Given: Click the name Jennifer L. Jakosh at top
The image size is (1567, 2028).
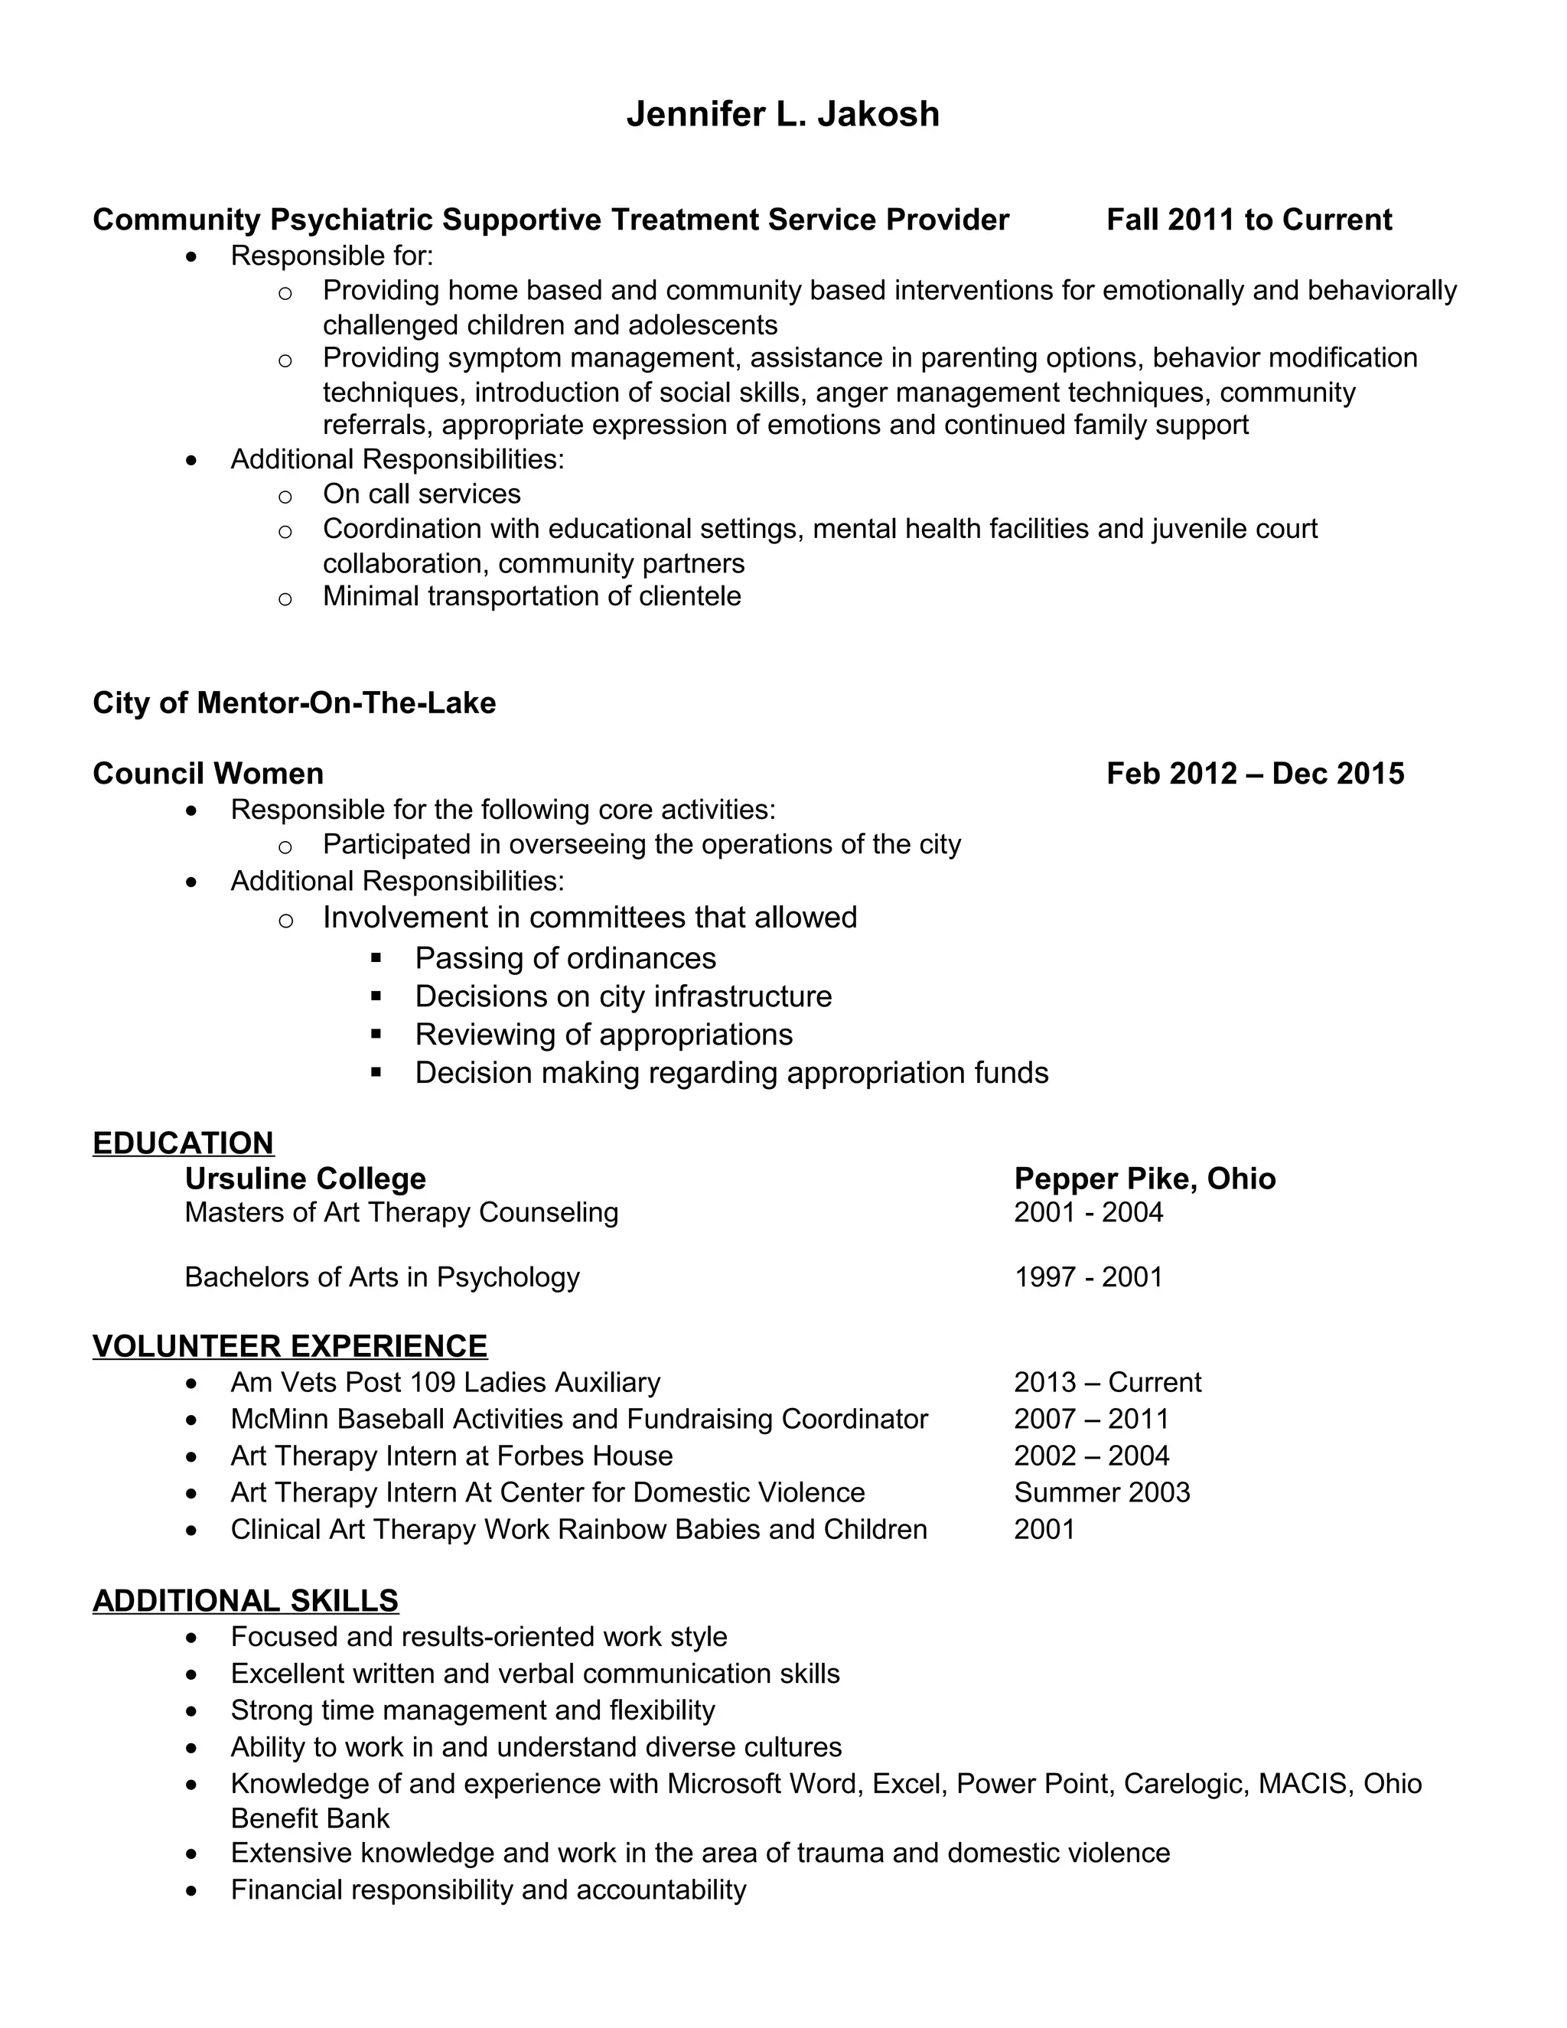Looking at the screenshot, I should pyautogui.click(x=783, y=114).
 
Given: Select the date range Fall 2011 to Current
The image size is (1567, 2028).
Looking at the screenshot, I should pyautogui.click(x=1249, y=220).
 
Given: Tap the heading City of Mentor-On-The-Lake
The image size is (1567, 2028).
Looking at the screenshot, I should pyautogui.click(x=295, y=703).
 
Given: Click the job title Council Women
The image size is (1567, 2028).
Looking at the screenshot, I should pyautogui.click(x=208, y=774).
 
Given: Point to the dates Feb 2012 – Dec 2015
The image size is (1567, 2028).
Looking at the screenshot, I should pyautogui.click(x=1255, y=774).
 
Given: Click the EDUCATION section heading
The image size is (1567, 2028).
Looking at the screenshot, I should pyautogui.click(x=183, y=1143).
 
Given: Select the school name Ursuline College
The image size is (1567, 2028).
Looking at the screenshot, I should pyautogui.click(x=305, y=1179).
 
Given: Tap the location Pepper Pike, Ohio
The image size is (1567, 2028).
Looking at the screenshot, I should pyautogui.click(x=1145, y=1179).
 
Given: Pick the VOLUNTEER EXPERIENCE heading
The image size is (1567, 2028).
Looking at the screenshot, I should pyautogui.click(x=290, y=1345).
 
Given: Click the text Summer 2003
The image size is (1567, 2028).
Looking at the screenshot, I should pyautogui.click(x=1102, y=1492).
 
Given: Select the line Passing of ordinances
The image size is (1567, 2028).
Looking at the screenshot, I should pyautogui.click(x=565, y=958).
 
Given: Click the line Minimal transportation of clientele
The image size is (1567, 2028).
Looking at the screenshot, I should pyautogui.click(x=532, y=596).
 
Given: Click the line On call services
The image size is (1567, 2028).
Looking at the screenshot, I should pyautogui.click(x=422, y=494).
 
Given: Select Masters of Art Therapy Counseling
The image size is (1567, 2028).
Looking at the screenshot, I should pyautogui.click(x=401, y=1213).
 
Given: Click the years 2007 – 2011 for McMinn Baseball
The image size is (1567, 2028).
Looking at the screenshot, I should pyautogui.click(x=1091, y=1419).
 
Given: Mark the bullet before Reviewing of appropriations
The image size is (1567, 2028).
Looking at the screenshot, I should pyautogui.click(x=376, y=1032).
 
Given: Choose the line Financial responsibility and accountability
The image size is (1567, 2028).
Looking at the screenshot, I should pyautogui.click(x=488, y=1889).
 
